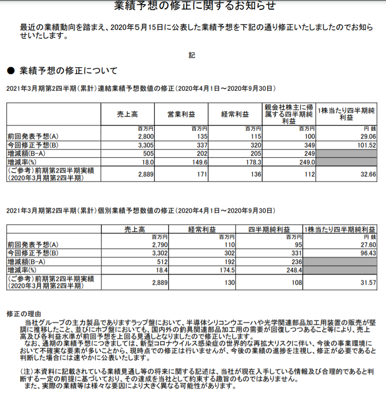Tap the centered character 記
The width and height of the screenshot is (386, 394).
[192, 55]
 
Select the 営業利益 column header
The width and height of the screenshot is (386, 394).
[180, 114]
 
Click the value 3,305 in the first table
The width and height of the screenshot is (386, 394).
[139, 145]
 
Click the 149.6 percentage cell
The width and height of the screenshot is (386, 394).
[198, 162]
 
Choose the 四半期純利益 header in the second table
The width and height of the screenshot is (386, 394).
[269, 229]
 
